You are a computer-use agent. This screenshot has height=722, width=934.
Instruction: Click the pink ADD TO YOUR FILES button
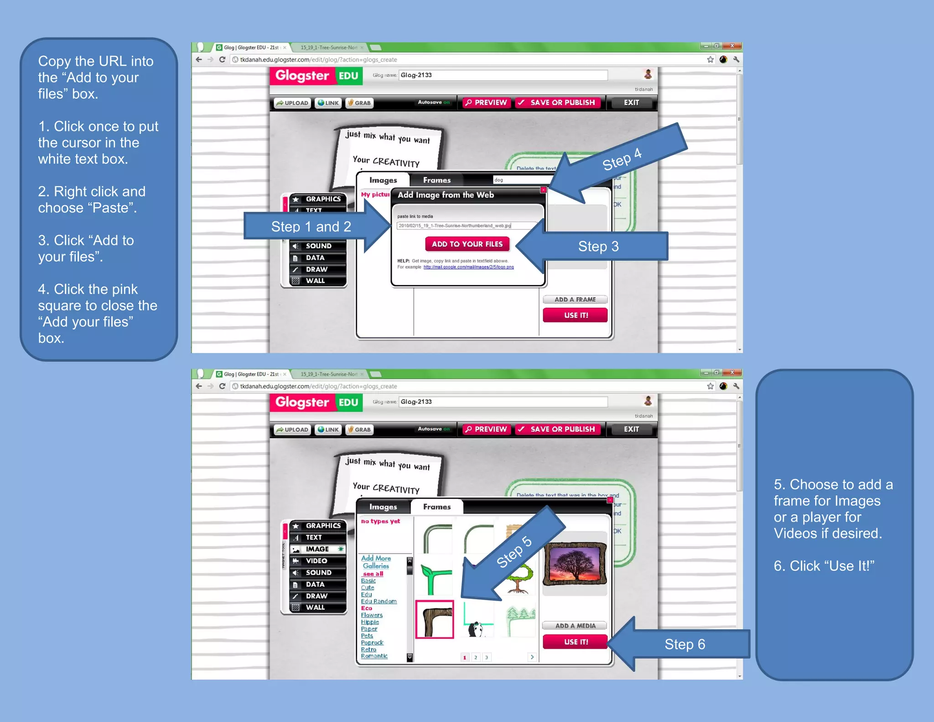(467, 244)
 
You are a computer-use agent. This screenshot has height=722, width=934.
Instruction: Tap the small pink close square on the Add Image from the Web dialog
(543, 189)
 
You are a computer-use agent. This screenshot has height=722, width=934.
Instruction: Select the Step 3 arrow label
(598, 246)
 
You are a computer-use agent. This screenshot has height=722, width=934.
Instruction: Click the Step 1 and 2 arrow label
(311, 226)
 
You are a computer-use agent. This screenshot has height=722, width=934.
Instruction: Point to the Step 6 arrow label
(685, 644)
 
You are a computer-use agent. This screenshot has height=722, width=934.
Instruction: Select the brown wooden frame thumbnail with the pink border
(435, 619)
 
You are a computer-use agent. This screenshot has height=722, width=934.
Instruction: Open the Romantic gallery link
(374, 656)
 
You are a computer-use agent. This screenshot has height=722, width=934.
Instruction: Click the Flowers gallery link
(372, 615)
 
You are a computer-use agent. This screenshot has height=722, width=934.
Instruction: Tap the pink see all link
(373, 574)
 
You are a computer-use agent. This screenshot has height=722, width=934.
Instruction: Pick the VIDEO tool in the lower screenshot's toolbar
(317, 561)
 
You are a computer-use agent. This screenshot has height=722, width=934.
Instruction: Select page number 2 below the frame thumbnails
(476, 657)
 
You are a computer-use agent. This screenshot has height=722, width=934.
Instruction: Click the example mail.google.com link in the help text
(468, 267)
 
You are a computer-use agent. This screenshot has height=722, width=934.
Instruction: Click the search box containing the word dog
(520, 180)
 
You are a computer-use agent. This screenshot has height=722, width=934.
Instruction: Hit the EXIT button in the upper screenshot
(631, 103)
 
